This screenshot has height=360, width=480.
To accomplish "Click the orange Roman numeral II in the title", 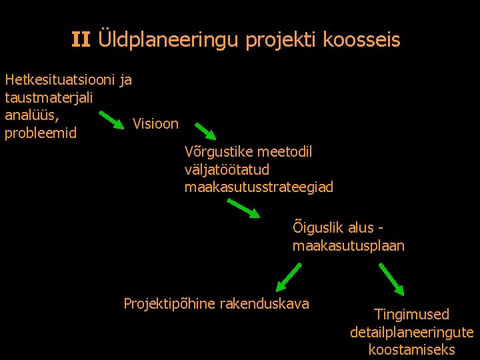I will (x=81, y=40).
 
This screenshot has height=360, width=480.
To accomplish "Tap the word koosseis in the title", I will (x=361, y=40).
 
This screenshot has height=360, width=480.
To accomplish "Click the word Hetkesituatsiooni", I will (x=60, y=80).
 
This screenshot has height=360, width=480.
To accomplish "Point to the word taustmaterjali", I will (x=49, y=97).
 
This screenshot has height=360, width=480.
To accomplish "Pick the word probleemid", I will (x=41, y=133).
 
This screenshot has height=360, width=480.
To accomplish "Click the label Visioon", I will (x=155, y=123).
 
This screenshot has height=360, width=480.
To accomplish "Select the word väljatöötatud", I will (x=227, y=170).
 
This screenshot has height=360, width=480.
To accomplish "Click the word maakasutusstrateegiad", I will (x=259, y=187).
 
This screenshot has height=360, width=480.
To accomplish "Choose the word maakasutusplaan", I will (x=348, y=246).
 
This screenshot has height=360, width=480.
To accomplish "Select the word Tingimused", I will (x=411, y=314).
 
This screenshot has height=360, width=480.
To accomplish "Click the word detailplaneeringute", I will (x=411, y=332).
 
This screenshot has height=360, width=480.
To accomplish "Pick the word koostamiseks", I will (x=411, y=349).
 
